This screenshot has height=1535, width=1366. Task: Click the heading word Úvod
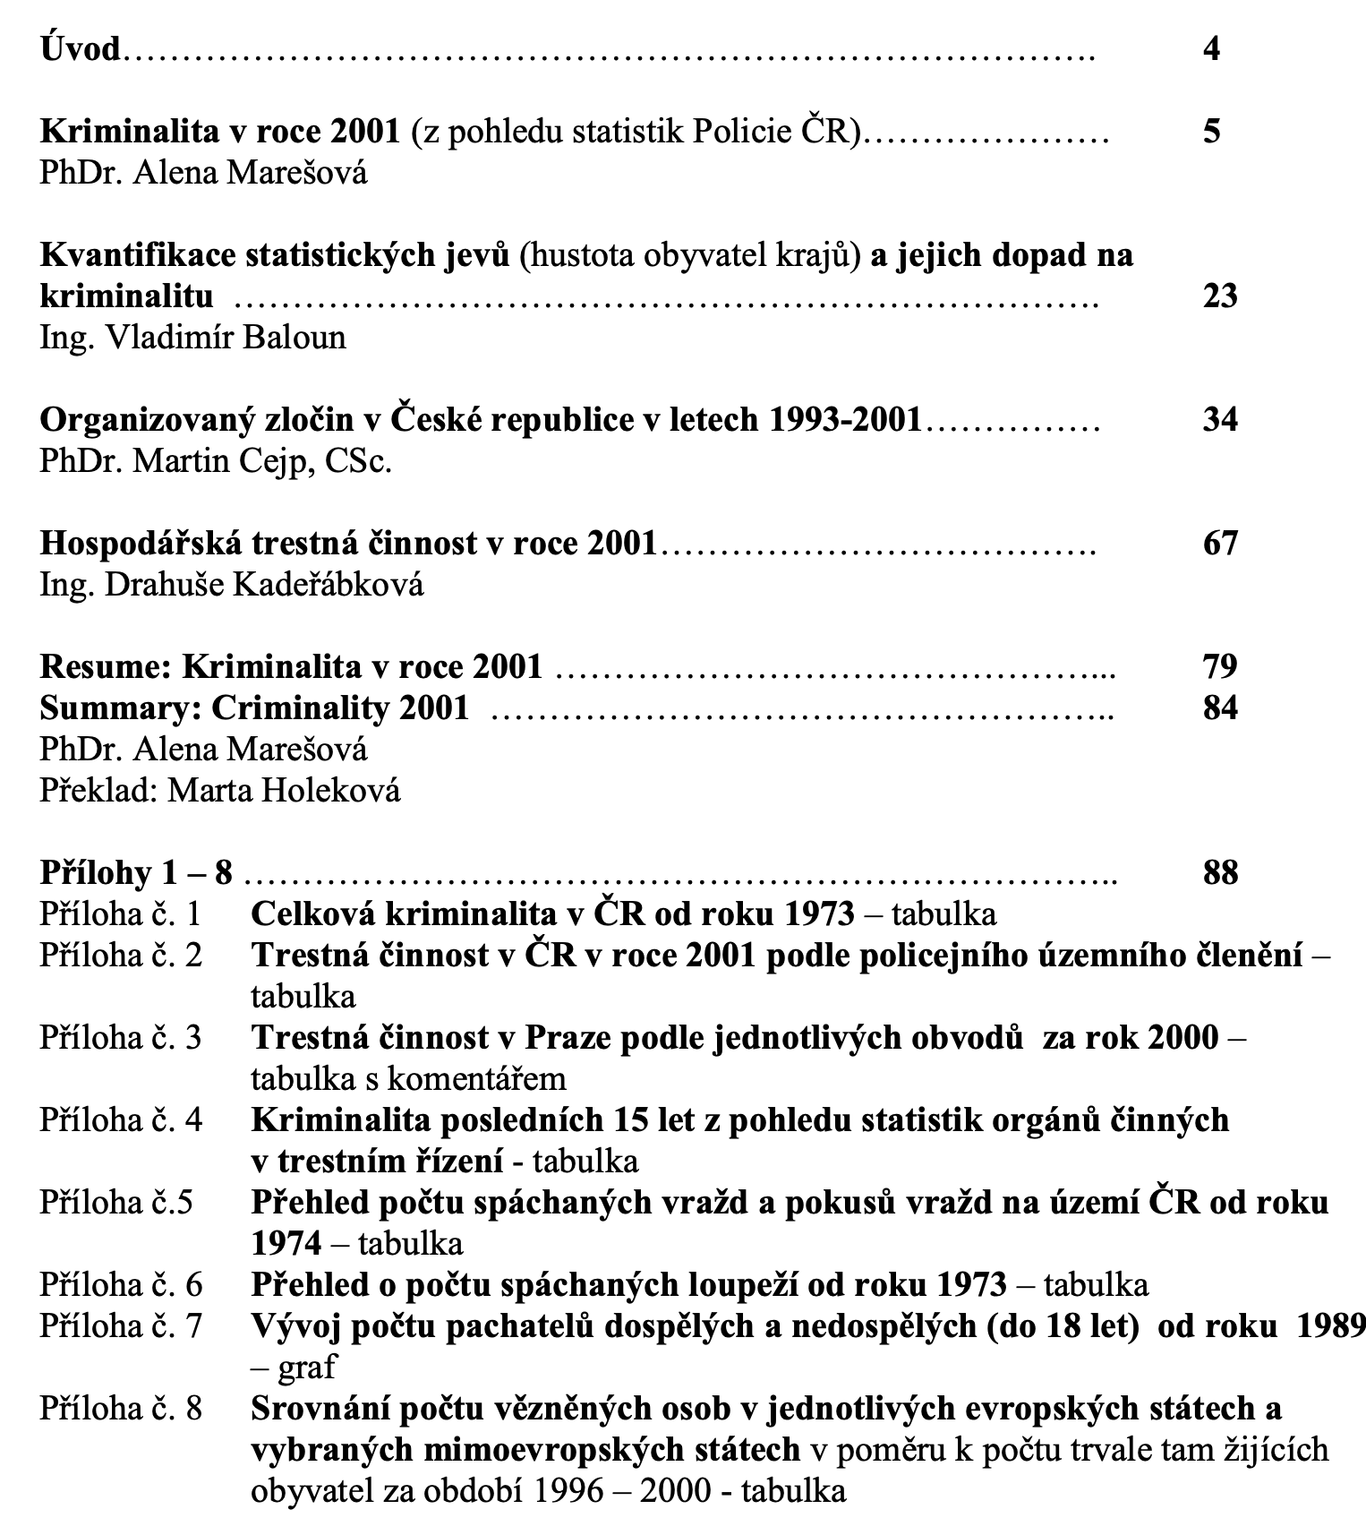81,48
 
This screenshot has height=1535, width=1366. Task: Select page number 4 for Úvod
1211,48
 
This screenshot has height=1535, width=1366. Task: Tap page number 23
1219,296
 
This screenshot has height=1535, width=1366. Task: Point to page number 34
1219,419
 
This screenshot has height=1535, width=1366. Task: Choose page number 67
1219,543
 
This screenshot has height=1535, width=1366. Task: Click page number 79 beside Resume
1219,666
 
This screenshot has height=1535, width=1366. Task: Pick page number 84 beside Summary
1219,707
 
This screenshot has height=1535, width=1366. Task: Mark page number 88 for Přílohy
1219,872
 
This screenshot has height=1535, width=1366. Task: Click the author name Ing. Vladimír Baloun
192,338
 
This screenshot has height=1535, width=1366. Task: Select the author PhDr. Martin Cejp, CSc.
216,461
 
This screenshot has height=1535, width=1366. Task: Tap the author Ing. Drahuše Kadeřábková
231,585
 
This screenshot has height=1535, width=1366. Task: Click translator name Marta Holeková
284,791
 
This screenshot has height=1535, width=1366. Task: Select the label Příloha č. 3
121,1037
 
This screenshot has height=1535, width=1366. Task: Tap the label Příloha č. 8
121,1408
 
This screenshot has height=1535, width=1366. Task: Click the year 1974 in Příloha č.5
286,1243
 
